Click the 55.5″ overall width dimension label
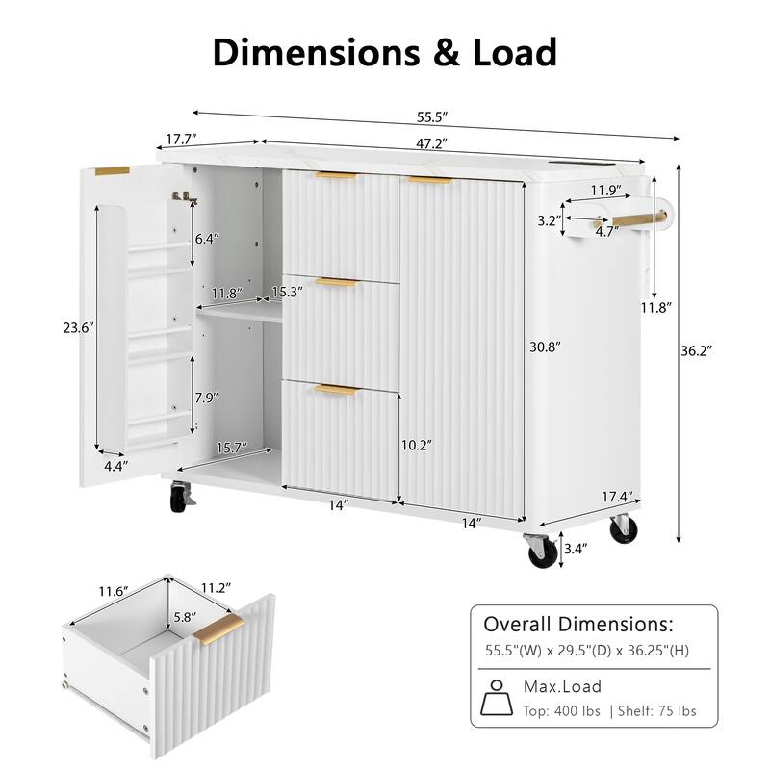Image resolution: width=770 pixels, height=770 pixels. coord(432,117)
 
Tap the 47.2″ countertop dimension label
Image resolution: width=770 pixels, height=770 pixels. coord(431,143)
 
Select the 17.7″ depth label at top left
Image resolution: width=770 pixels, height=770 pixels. coord(181,139)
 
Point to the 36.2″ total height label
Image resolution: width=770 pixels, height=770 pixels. coord(696,350)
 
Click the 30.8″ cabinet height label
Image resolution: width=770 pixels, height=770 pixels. coord(545,346)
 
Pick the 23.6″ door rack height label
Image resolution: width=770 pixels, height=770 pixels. coord(78,327)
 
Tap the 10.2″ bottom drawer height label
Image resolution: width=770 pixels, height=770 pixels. coord(417,445)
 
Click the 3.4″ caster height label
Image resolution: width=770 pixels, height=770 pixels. coord(575,549)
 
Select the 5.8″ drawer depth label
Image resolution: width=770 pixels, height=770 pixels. coord(185,616)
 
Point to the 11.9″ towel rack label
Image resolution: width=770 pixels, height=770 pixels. coord(606,190)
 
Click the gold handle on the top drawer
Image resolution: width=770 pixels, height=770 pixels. coord(336,175)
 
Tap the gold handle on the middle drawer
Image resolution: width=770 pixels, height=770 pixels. coord(336,282)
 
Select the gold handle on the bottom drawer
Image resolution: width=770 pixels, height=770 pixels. coord(338,390)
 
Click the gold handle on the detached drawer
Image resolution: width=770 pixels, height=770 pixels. coord(218,629)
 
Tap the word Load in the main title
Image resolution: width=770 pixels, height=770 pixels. coord(514,52)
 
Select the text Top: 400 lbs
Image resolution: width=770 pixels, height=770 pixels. coord(561,711)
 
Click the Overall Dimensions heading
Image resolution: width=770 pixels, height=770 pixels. coord(578,624)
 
